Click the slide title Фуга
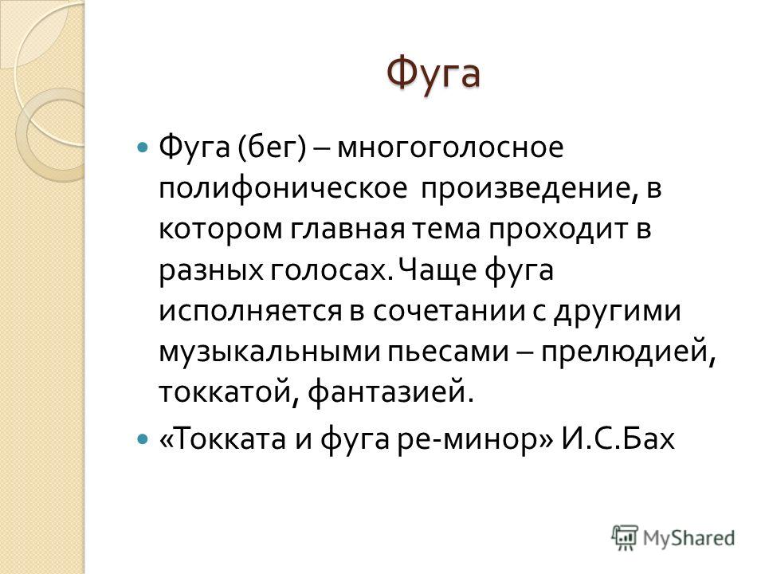[x=433, y=75]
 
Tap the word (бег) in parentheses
[x=273, y=147]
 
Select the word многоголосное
[x=450, y=148]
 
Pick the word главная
[x=348, y=229]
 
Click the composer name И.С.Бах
[x=618, y=438]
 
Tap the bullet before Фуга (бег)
[x=142, y=147]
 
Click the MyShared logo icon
[x=625, y=538]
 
